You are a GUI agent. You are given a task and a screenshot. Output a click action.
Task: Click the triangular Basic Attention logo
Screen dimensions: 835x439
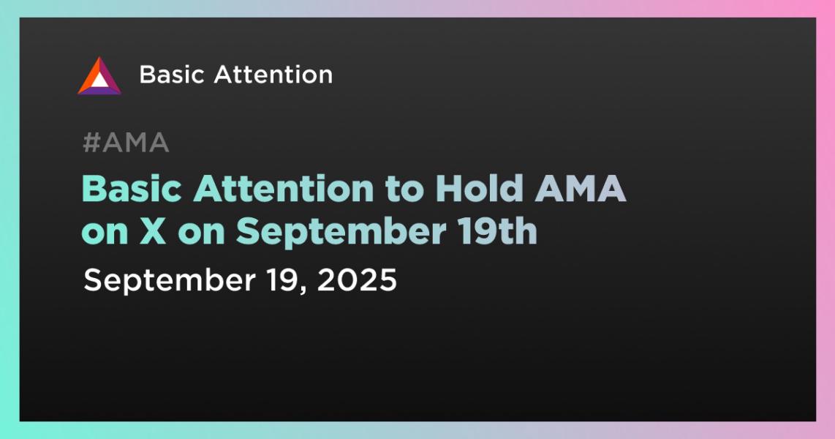[x=99, y=75]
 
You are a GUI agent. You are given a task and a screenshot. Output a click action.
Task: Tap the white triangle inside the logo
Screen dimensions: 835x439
[x=99, y=80]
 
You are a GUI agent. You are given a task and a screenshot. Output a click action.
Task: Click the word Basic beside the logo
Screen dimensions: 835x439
[x=172, y=75]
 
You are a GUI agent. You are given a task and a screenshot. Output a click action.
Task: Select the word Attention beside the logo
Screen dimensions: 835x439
[x=273, y=75]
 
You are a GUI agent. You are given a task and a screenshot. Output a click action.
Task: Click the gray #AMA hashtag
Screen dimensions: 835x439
[x=126, y=143]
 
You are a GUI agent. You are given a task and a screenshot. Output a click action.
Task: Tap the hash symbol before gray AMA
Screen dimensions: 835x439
[x=92, y=143]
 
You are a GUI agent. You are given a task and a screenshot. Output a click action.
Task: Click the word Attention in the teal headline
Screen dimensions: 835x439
[x=283, y=189]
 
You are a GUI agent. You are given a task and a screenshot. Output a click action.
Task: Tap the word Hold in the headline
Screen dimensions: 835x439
[x=479, y=189]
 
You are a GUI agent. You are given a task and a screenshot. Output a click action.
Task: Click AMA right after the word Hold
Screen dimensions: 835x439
[x=580, y=189]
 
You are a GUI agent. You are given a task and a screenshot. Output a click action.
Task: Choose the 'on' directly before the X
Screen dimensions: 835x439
[x=105, y=233]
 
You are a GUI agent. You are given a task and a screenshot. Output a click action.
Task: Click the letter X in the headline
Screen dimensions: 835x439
[x=153, y=231]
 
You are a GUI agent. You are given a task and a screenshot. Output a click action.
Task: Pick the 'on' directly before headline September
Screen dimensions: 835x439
[x=201, y=233]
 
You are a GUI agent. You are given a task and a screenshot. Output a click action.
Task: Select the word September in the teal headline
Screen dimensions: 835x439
[x=341, y=233]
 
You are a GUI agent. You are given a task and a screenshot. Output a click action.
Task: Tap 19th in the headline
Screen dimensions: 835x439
[x=496, y=231]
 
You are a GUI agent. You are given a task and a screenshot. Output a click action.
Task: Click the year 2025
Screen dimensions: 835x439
[x=358, y=279]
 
